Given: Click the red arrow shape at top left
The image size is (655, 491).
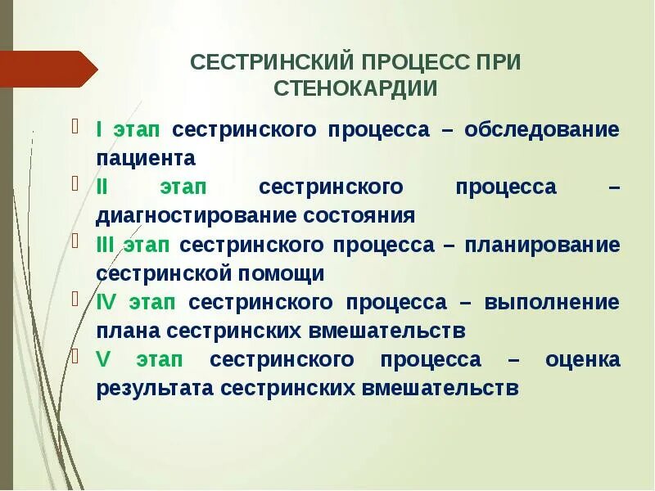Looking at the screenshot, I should [x=49, y=68].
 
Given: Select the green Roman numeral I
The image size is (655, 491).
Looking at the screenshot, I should [x=99, y=129].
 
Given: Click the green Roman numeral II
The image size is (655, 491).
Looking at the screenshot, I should [x=102, y=187].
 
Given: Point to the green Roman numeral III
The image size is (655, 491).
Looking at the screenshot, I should [x=106, y=245].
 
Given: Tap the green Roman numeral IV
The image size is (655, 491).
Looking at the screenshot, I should [x=107, y=302].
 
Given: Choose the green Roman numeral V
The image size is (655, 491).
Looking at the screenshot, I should [x=102, y=359].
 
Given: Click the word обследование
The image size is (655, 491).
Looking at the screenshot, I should [x=542, y=129].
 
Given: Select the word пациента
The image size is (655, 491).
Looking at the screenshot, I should [x=146, y=158].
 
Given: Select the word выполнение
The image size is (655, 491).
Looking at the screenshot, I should [x=552, y=302].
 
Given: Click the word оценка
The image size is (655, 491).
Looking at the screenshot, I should [x=582, y=359].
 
